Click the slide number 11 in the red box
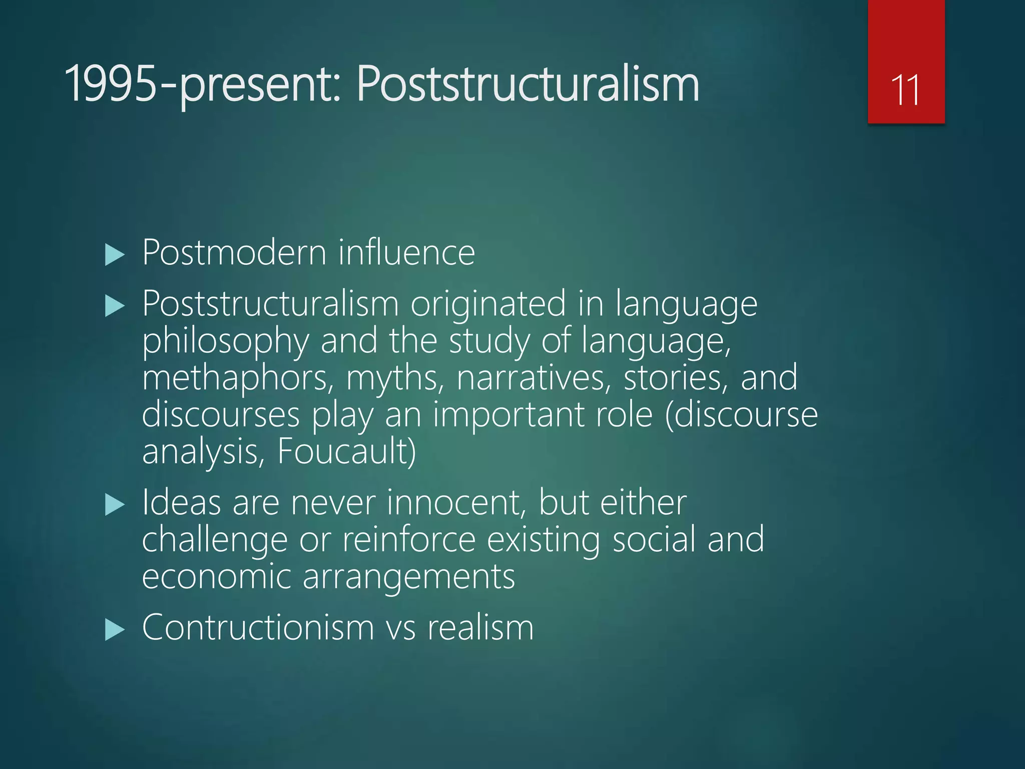905,90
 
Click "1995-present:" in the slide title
202,85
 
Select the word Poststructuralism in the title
528,85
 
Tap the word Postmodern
234,252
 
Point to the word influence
406,252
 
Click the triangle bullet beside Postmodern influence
115,255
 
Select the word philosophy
226,341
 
